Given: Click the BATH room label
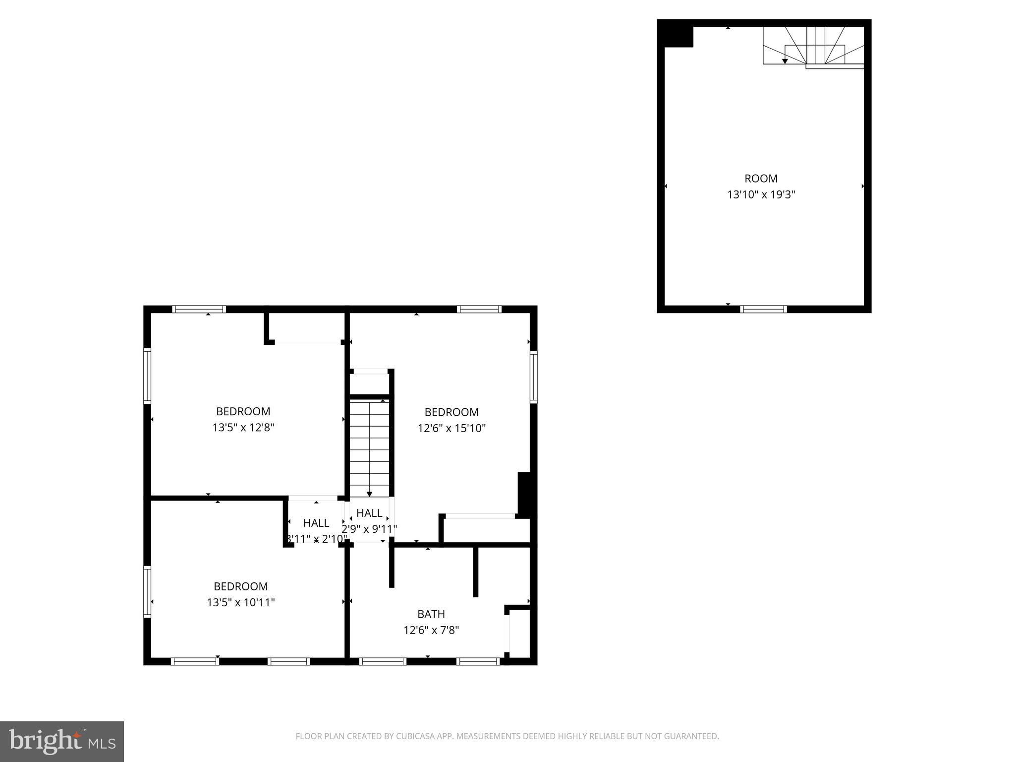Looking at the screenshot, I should coord(431,614).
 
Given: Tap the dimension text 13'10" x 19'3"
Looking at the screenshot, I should coord(761,194).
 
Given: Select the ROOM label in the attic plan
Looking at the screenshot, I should coord(761,179).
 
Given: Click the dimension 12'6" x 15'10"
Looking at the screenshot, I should coord(451,428).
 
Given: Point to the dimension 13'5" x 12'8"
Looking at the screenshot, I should coord(243,428).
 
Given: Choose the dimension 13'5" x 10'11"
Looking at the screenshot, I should coord(241,602).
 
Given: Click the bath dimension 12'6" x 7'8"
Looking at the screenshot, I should coord(431,630).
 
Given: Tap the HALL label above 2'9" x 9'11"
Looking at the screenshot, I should coord(369,513).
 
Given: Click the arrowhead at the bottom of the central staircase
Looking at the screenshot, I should coord(369,494).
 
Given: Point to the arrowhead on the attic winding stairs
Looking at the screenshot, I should coord(785,61).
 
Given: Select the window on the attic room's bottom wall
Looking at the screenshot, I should coord(763,309).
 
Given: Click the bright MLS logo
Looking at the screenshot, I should coord(61,742).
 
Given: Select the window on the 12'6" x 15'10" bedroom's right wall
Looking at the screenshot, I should coord(533,377).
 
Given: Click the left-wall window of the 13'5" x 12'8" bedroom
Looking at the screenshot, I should coord(147,376).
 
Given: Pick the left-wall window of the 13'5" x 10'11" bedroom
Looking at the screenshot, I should coord(147,592).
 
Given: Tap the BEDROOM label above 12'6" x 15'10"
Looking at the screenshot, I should coord(451,412).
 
